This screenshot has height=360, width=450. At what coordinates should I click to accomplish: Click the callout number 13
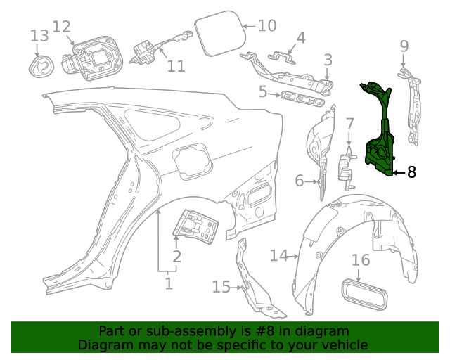click(39, 36)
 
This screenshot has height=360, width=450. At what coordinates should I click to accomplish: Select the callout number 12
click(62, 27)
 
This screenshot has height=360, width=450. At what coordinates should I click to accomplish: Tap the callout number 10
click(267, 26)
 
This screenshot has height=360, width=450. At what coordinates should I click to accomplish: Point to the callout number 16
click(360, 261)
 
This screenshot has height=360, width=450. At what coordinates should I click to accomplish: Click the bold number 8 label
click(411, 172)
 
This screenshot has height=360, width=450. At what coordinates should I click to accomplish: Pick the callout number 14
click(279, 255)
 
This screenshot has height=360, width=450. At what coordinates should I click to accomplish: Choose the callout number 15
click(221, 287)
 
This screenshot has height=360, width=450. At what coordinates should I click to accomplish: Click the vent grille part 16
click(362, 292)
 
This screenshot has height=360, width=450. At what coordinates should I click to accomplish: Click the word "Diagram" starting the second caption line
click(104, 345)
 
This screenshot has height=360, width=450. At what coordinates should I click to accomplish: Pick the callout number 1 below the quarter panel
click(168, 283)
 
